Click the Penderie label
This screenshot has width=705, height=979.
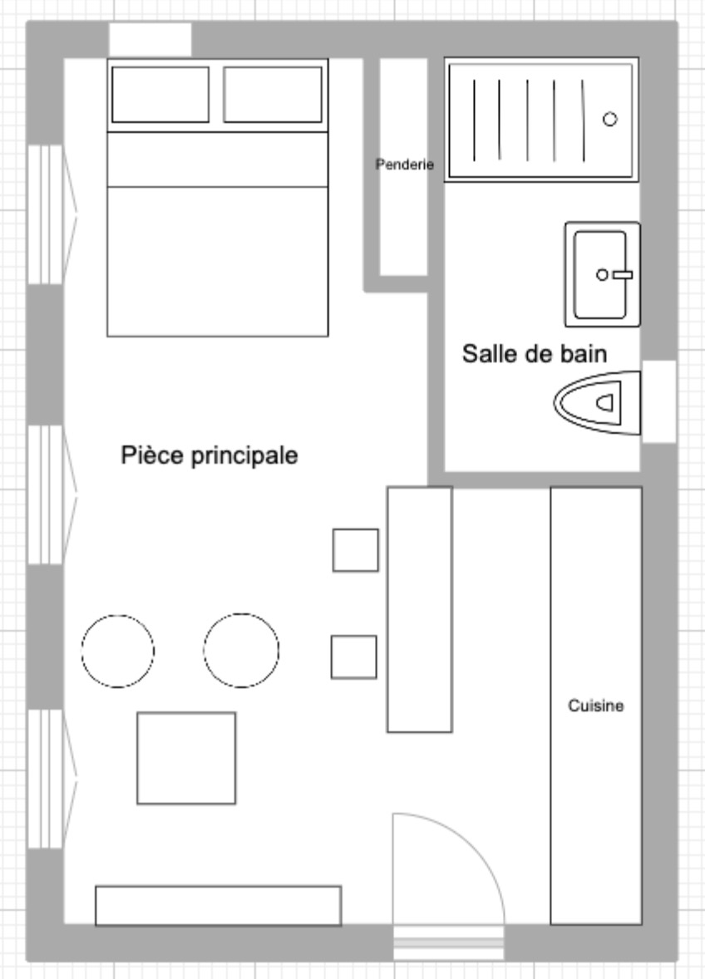(405, 165)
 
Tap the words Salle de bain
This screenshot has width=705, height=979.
(535, 354)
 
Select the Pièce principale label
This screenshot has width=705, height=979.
(210, 455)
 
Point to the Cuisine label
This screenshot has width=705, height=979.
(596, 706)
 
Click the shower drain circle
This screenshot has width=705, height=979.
(610, 119)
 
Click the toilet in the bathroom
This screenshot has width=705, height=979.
(597, 403)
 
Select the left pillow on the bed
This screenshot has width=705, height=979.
(160, 94)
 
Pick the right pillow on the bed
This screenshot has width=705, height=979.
(273, 94)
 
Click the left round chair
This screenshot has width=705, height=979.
(117, 652)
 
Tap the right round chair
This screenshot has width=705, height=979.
(241, 651)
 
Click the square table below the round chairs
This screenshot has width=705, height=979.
(186, 758)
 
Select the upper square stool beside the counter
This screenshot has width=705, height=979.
(355, 550)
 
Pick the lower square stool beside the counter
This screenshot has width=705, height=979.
(354, 657)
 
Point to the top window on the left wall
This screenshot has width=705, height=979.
(45, 214)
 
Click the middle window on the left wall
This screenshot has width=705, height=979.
(45, 495)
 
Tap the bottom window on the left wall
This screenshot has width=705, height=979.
(45, 779)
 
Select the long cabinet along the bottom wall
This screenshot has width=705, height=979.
(219, 905)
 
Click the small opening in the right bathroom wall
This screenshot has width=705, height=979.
(658, 401)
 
